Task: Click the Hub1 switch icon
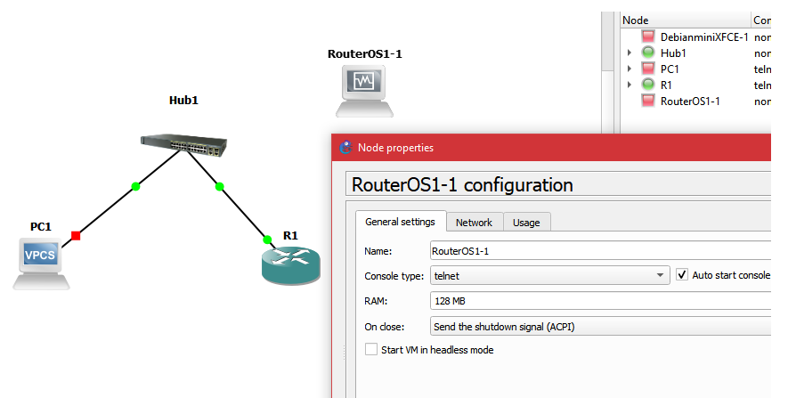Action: (184, 142)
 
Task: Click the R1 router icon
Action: (290, 264)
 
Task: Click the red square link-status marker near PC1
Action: (76, 235)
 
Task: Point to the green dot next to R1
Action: (266, 239)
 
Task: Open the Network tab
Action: (474, 223)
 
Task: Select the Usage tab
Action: (526, 223)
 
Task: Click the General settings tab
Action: (400, 222)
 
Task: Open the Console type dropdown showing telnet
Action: (549, 276)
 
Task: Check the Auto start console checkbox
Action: (683, 275)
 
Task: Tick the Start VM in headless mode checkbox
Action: (371, 350)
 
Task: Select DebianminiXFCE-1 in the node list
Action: (703, 37)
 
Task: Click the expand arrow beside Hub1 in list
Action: (630, 53)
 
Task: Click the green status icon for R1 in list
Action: (648, 85)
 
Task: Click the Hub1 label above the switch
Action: (183, 101)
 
